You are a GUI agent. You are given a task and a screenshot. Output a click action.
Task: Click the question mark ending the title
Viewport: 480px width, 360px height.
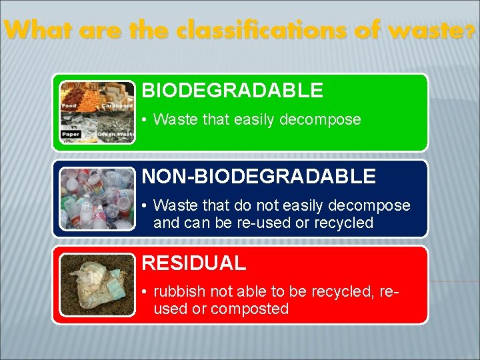[x=471, y=31]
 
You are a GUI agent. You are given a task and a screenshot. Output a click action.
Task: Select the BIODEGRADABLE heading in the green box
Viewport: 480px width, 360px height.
[x=232, y=90]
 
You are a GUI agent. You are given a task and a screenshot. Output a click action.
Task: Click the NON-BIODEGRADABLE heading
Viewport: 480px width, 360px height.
[x=259, y=176]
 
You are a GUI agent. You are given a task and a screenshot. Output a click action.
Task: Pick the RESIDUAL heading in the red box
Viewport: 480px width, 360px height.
[x=193, y=263]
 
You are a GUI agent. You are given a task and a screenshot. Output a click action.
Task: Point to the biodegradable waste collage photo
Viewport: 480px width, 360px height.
[x=97, y=112]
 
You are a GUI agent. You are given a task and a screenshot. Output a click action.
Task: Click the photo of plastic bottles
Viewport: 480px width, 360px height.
[x=97, y=199]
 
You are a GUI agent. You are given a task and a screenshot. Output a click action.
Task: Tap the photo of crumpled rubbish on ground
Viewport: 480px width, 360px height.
[x=97, y=285]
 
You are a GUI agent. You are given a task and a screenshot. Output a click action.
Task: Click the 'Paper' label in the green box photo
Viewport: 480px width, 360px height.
[x=71, y=134]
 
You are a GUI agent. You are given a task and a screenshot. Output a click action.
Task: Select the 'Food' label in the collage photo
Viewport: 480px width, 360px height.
[x=69, y=105]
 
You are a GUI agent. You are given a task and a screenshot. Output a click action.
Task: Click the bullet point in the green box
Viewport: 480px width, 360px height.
[x=145, y=121]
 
